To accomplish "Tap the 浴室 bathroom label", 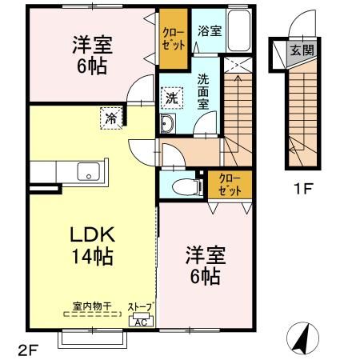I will point(209,30).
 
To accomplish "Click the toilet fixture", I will point(182,186).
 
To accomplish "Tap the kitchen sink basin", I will point(87,171).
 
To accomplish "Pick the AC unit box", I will point(140,322).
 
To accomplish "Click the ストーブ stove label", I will point(141,307).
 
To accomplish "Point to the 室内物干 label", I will point(89,306).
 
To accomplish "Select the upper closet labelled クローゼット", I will point(172,38).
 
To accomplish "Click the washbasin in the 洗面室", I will point(169,125).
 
